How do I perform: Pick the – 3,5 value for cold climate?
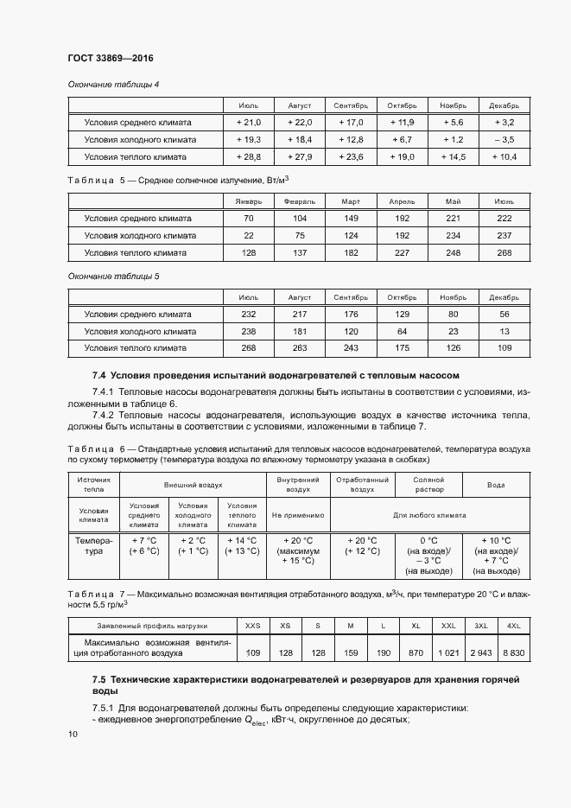(x=504, y=140)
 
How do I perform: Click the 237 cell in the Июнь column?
(x=504, y=236)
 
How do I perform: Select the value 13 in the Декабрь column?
(x=504, y=331)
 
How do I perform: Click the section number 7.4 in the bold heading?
(x=98, y=375)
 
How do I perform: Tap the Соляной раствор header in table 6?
(x=428, y=485)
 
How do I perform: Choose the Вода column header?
(x=496, y=485)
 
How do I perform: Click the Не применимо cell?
(x=298, y=515)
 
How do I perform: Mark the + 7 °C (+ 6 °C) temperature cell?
(x=144, y=545)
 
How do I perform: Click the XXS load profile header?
(x=252, y=625)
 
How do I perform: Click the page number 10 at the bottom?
(x=73, y=735)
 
